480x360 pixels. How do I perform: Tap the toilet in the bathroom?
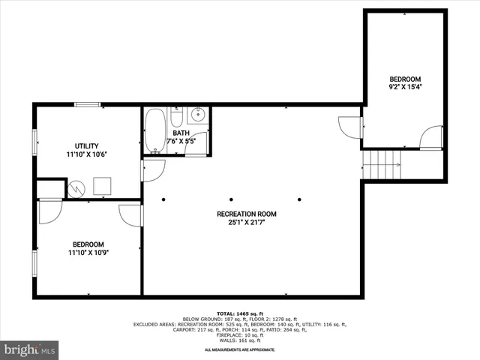pyautogui.click(x=177, y=117)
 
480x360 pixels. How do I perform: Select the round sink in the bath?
pyautogui.click(x=198, y=115)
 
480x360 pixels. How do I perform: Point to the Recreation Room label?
pyautogui.click(x=247, y=214)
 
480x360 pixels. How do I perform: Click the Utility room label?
pyautogui.click(x=86, y=145)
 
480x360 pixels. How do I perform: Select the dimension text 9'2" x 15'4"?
pyautogui.click(x=404, y=87)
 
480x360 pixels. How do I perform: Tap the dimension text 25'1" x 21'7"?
pyautogui.click(x=247, y=222)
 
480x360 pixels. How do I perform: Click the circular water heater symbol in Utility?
pyautogui.click(x=76, y=189)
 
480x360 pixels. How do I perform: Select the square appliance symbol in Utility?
pyautogui.click(x=101, y=185)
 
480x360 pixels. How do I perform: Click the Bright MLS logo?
pyautogui.click(x=30, y=349)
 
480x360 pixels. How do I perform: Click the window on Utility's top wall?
pyautogui.click(x=88, y=104)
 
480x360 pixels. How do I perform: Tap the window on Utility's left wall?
pyautogui.click(x=34, y=142)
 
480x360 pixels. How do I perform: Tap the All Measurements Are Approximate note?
pyautogui.click(x=239, y=349)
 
